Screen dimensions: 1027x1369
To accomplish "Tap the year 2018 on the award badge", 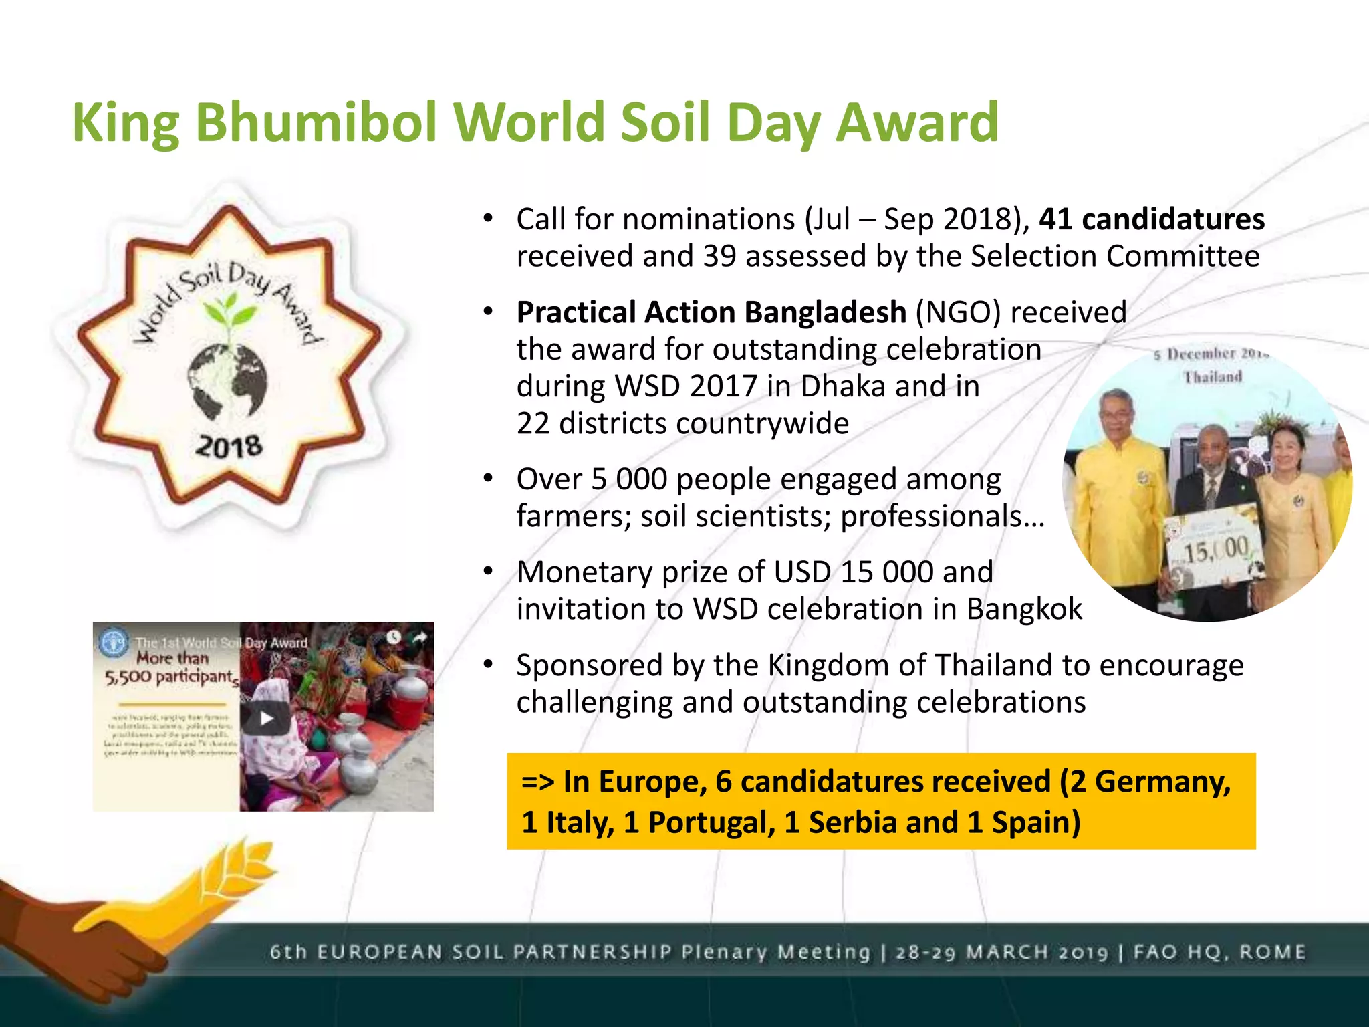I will (229, 446).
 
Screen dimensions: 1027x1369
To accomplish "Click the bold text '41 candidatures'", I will (1152, 219).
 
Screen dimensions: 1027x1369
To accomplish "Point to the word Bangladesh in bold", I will (825, 312).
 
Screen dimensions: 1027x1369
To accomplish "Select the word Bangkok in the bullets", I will (1024, 609).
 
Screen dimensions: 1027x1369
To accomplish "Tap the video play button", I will (267, 718).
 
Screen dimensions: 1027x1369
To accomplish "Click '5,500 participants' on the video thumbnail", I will (171, 677).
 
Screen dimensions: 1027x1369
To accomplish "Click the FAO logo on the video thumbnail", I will (113, 643).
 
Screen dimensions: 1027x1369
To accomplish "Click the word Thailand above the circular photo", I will (1213, 377).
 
